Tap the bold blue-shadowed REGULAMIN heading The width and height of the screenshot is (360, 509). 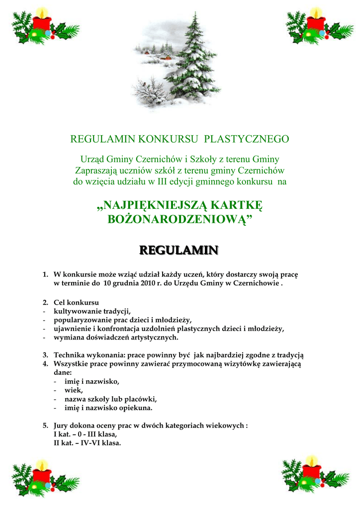pyautogui.click(x=179, y=250)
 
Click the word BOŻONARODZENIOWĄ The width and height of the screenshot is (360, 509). pyautogui.click(x=179, y=219)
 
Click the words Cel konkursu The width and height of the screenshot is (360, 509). pyautogui.click(x=76, y=302)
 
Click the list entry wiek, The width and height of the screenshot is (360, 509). pyautogui.click(x=74, y=390)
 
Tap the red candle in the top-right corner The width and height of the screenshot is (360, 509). pyautogui.click(x=316, y=24)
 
